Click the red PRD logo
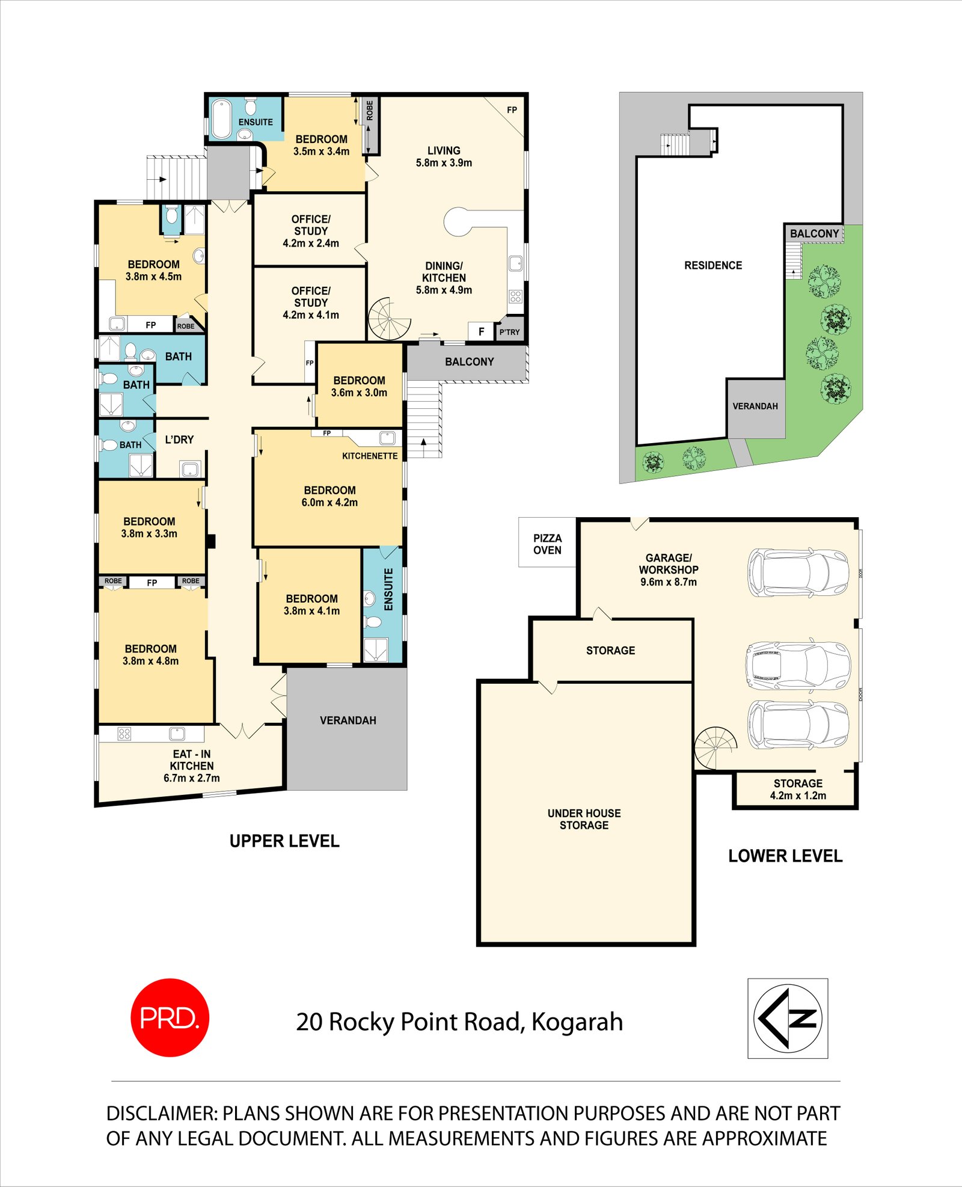pyautogui.click(x=170, y=1017)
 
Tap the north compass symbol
pyautogui.click(x=788, y=1018)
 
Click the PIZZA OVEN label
pyautogui.click(x=547, y=544)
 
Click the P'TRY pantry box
pyautogui.click(x=509, y=332)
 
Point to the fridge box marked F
pyautogui.click(x=481, y=331)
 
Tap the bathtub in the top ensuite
pyautogui.click(x=221, y=118)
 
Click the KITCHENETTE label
pyautogui.click(x=370, y=456)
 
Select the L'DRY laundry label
pyautogui.click(x=179, y=440)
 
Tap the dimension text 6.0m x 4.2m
pyautogui.click(x=329, y=503)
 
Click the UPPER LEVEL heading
pyautogui.click(x=284, y=841)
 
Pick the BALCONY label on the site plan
pyautogui.click(x=814, y=233)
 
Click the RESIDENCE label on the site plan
pyautogui.click(x=713, y=265)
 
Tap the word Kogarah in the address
pyautogui.click(x=577, y=1022)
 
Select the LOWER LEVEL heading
pyautogui.click(x=785, y=856)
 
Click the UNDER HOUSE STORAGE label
pyautogui.click(x=584, y=819)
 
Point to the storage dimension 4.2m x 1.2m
pyautogui.click(x=798, y=796)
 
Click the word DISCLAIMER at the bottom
pyautogui.click(x=161, y=1114)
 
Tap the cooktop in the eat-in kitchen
pyautogui.click(x=124, y=734)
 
